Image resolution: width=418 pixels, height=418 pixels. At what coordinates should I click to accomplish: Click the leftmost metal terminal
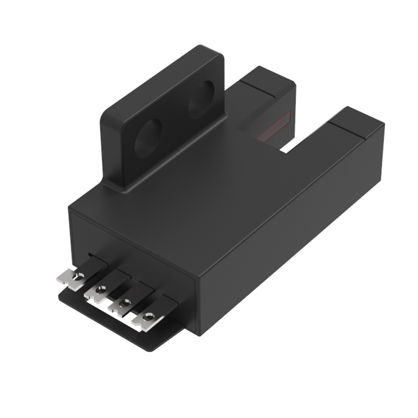tap(72, 277)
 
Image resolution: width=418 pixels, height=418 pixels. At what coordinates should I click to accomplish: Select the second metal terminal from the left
tap(97, 289)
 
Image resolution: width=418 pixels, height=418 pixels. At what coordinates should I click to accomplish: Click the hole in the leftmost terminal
tap(78, 276)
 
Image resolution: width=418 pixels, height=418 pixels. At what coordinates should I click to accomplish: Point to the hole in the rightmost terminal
tap(149, 316)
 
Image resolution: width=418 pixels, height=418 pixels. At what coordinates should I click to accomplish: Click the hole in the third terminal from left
tap(125, 302)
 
